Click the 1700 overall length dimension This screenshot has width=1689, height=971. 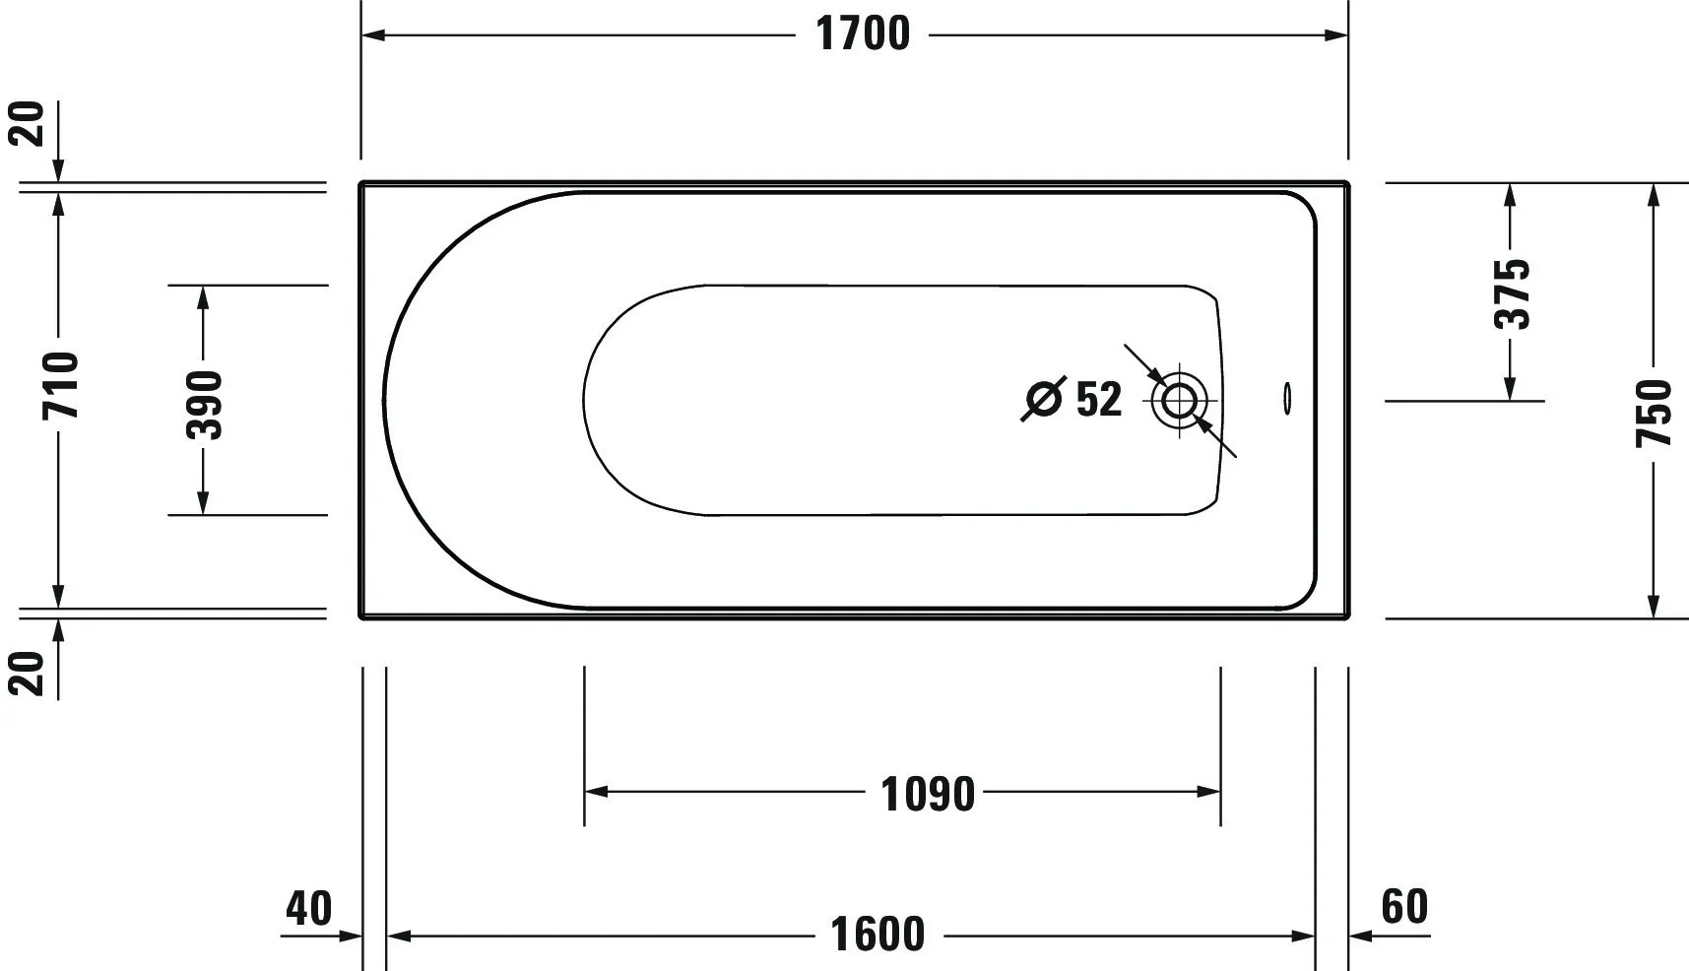[863, 34]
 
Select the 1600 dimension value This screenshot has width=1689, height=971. [877, 935]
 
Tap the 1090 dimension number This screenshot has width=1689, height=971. [927, 794]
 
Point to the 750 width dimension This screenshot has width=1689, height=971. [1654, 412]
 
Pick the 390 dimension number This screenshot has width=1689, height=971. [205, 404]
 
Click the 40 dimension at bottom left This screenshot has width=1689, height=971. [308, 907]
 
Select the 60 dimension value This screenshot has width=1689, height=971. [1404, 906]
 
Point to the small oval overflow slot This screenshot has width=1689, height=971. [1286, 398]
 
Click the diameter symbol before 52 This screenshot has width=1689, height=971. [1044, 399]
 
